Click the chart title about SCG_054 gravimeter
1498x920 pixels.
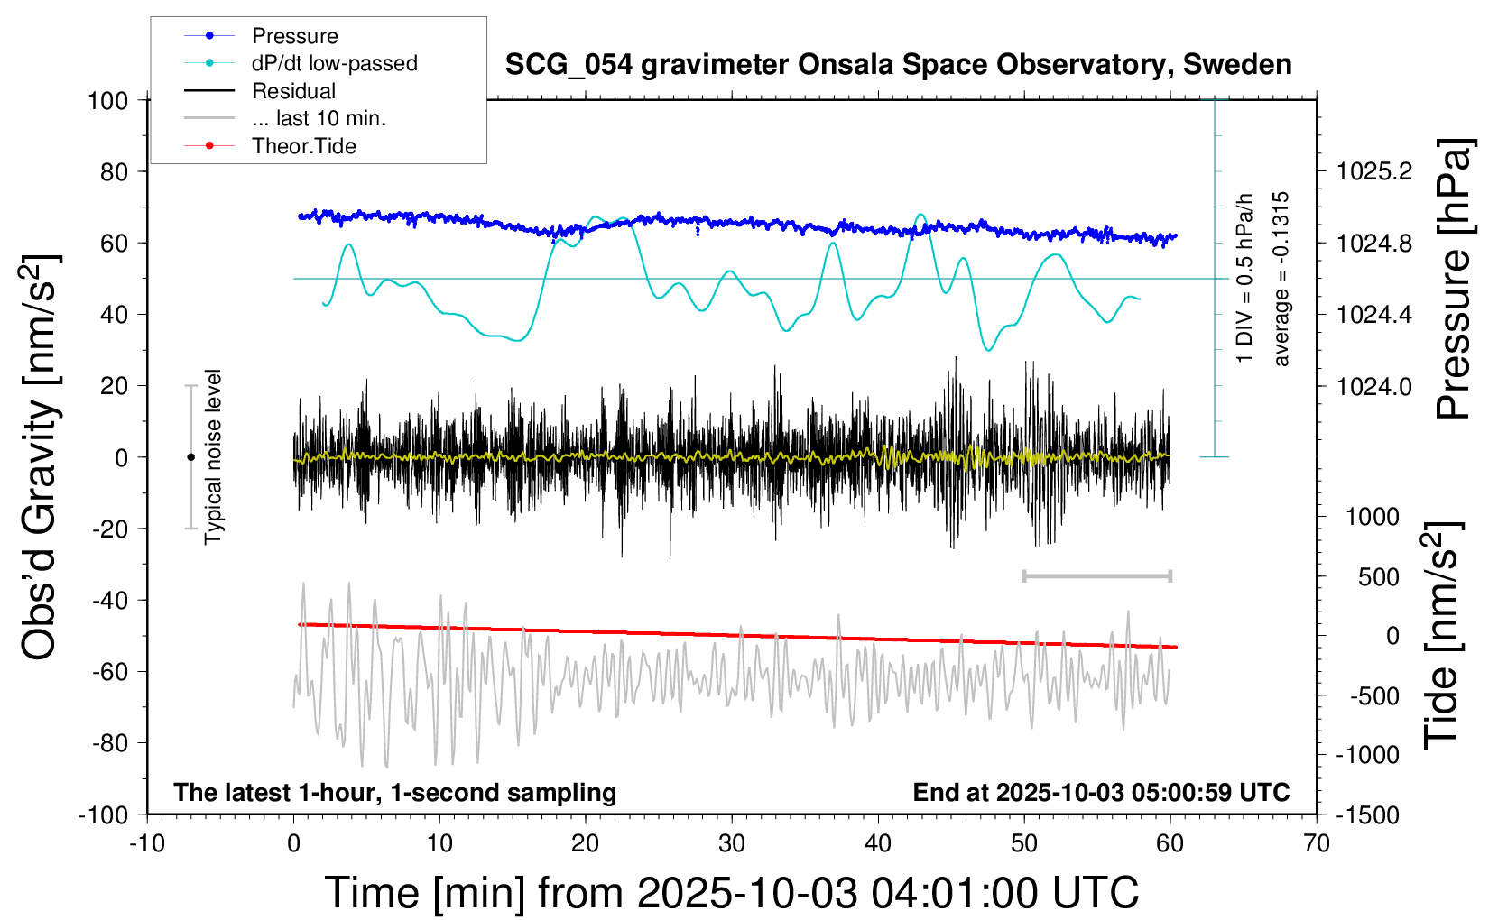point(898,65)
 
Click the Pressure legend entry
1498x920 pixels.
point(294,36)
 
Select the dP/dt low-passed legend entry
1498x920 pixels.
point(334,63)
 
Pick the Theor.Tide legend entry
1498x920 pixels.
point(303,146)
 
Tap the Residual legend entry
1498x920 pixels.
point(293,91)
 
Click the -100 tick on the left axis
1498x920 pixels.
point(103,815)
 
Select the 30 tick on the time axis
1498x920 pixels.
point(732,844)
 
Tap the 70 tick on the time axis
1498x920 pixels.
point(1317,844)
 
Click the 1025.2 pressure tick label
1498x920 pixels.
point(1374,171)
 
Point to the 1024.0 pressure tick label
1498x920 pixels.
point(1374,386)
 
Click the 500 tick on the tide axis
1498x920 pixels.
point(1378,577)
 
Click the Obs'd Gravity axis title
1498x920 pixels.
point(41,457)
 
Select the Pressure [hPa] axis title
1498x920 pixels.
point(1453,280)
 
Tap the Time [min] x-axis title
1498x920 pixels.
point(731,893)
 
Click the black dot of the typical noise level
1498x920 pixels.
point(190,457)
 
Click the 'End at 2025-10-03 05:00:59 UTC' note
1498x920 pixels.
point(1101,793)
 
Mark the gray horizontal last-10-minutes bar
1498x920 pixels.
point(1096,575)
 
